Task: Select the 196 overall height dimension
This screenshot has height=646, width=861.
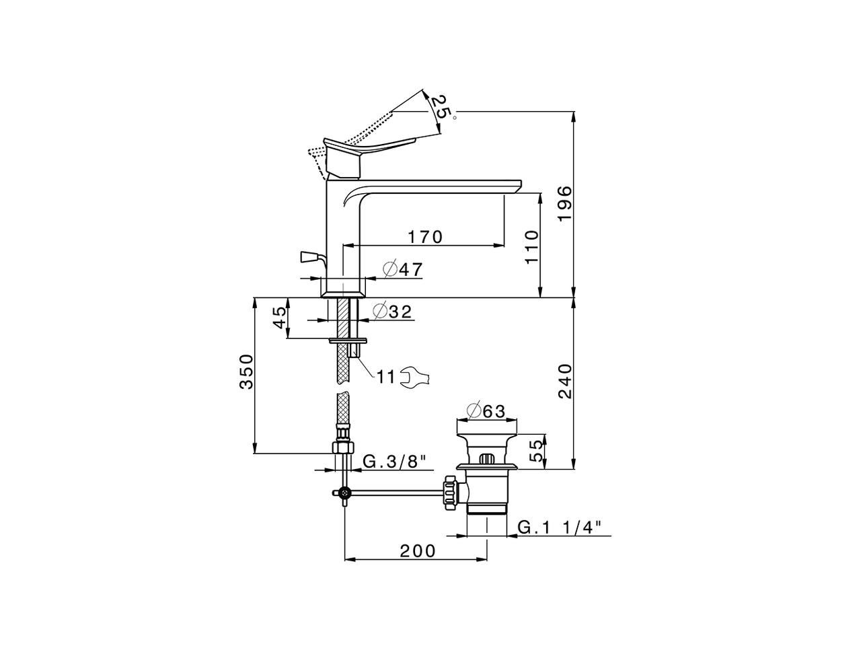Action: click(565, 204)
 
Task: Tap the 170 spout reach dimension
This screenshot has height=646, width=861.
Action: click(425, 237)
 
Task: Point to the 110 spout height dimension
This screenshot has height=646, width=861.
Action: click(532, 248)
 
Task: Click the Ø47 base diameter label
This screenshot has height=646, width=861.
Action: click(403, 269)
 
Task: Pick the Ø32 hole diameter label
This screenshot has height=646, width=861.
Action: click(393, 312)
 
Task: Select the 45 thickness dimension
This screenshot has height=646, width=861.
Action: click(280, 318)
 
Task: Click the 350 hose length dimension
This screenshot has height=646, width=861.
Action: click(247, 371)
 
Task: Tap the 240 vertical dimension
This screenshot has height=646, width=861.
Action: click(565, 382)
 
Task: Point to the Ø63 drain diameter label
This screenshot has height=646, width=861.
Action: click(486, 411)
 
